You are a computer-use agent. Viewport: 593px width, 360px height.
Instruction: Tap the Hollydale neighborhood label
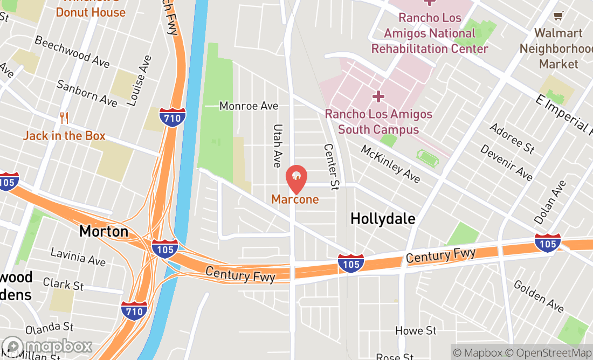pos(383,219)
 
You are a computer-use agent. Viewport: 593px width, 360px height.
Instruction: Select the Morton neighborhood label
pos(104,232)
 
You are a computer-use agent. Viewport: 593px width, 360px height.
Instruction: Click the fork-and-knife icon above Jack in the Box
pos(64,119)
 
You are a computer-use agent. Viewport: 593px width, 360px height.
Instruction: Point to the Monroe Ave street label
pos(249,106)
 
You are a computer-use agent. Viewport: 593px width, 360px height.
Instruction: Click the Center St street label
pos(331,167)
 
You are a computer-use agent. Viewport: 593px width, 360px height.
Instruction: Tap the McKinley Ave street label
pos(390,164)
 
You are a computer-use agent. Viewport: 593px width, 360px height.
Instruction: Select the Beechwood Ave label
pos(72,52)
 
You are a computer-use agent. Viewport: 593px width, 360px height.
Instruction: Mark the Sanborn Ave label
pos(87,93)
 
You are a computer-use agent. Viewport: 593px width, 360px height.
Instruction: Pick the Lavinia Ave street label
pos(78,257)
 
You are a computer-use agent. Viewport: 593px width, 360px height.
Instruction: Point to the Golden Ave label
pos(539,296)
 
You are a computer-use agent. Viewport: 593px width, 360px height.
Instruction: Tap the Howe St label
pos(416,330)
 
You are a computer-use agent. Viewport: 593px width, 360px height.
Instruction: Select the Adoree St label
pos(512,138)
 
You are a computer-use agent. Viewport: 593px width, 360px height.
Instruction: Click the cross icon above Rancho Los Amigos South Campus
pos(378,96)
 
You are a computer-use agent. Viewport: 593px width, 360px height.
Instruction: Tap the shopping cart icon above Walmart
pos(558,17)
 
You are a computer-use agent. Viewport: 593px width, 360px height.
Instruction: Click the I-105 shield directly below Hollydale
pos(351,264)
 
